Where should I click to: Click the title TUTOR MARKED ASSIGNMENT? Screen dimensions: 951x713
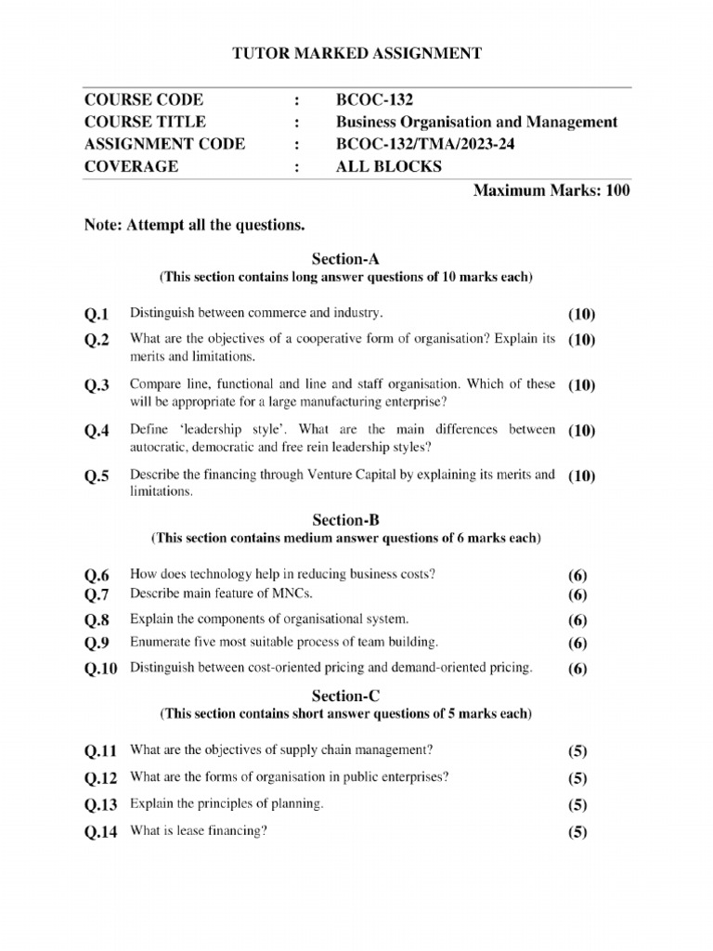(x=356, y=54)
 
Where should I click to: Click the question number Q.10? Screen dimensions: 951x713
(x=100, y=669)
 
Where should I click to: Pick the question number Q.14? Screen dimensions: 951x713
(x=100, y=833)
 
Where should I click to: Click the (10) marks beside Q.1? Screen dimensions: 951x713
(x=581, y=314)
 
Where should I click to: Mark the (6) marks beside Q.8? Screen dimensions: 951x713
(x=577, y=620)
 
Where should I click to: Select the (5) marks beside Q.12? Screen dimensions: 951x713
(x=577, y=778)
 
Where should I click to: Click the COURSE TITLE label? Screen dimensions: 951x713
(x=145, y=122)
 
